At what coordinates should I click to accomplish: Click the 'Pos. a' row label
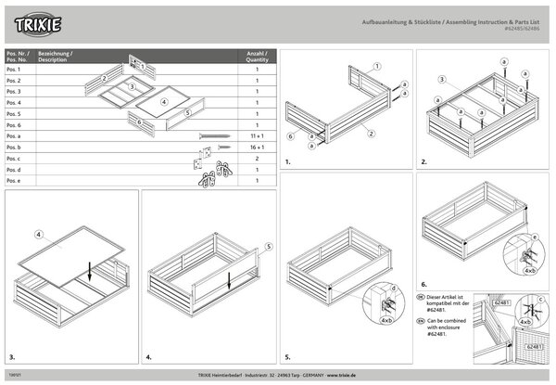click(x=14, y=135)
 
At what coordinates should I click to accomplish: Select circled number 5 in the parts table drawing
click(x=188, y=112)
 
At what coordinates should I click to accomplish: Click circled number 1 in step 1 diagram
click(x=379, y=67)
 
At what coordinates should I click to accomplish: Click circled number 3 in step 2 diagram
click(x=444, y=80)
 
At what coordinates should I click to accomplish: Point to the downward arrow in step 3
click(x=88, y=272)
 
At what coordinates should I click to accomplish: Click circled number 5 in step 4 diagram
click(x=268, y=247)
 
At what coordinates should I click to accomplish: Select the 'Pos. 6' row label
click(x=14, y=124)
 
